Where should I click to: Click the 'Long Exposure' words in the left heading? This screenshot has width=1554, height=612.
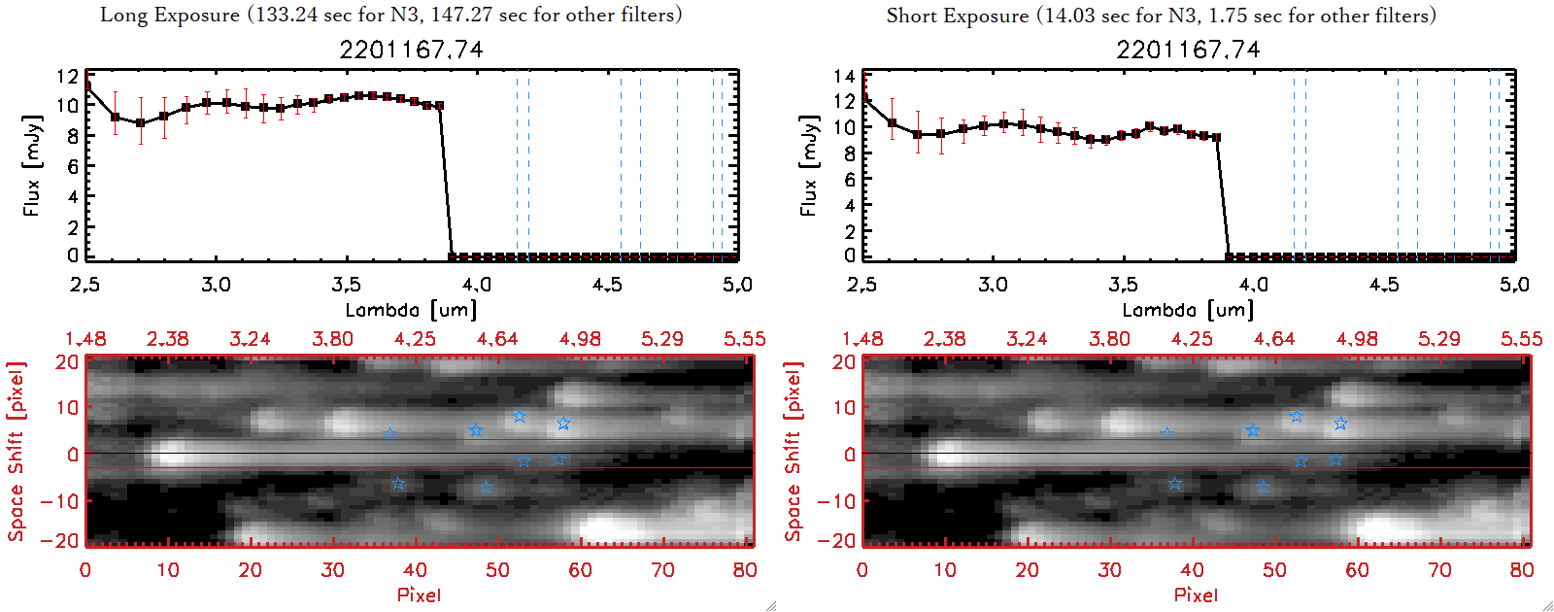pyautogui.click(x=170, y=15)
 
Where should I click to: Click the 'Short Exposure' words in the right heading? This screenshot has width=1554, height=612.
pyautogui.click(x=958, y=16)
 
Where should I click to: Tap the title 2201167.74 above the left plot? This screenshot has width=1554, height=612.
pyautogui.click(x=411, y=50)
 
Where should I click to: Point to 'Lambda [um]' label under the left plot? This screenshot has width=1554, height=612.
pyautogui.click(x=411, y=310)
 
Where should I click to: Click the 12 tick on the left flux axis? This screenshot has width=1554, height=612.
pyautogui.click(x=67, y=77)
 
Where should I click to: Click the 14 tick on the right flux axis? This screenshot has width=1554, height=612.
pyautogui.click(x=844, y=76)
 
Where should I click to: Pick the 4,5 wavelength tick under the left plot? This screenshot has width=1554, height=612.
pyautogui.click(x=607, y=285)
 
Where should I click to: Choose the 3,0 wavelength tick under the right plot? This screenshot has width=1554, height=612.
pyautogui.click(x=993, y=285)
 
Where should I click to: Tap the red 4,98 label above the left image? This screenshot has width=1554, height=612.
pyautogui.click(x=580, y=339)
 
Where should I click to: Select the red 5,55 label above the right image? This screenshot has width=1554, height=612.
pyautogui.click(x=1521, y=339)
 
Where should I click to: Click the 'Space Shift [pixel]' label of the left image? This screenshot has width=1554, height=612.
pyautogui.click(x=17, y=452)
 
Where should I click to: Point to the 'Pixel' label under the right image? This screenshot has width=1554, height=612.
pyautogui.click(x=1196, y=595)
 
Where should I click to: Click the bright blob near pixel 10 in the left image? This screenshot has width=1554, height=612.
pyautogui.click(x=170, y=453)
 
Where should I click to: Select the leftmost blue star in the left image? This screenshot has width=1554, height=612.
pyautogui.click(x=390, y=433)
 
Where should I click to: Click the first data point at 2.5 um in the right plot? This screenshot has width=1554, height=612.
pyautogui.click(x=863, y=98)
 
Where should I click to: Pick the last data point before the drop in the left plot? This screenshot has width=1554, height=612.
pyautogui.click(x=439, y=106)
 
